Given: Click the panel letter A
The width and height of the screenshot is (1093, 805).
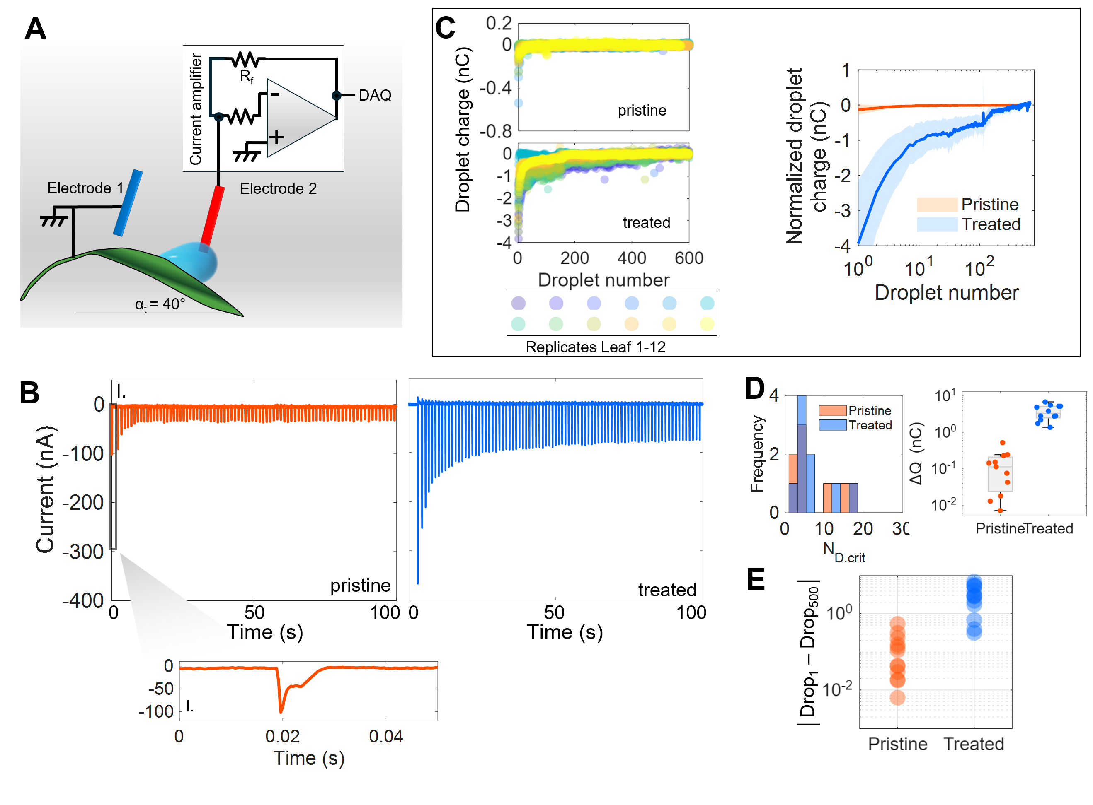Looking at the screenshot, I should (36, 28).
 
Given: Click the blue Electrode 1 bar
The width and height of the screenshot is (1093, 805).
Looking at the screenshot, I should (128, 203).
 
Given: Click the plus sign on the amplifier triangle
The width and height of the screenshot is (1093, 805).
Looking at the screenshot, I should (276, 137).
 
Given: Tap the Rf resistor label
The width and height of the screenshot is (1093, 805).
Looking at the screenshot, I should (246, 77).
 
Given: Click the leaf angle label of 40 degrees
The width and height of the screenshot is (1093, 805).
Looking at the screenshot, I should (160, 304).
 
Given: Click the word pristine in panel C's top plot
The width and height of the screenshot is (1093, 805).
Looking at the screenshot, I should (642, 111).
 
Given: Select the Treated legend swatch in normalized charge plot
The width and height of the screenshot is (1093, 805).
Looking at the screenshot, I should (937, 224).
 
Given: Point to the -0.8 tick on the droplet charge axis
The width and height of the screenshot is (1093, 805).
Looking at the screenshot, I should (496, 131).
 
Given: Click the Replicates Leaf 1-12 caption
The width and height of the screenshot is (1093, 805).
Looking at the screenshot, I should (595, 347).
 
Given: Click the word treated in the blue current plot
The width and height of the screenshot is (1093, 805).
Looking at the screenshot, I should (667, 590).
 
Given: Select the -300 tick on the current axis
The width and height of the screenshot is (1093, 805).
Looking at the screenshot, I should (83, 552).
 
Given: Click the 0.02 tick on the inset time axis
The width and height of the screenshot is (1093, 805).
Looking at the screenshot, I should (282, 736).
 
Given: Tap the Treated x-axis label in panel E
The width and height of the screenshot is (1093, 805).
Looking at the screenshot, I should (974, 744).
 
